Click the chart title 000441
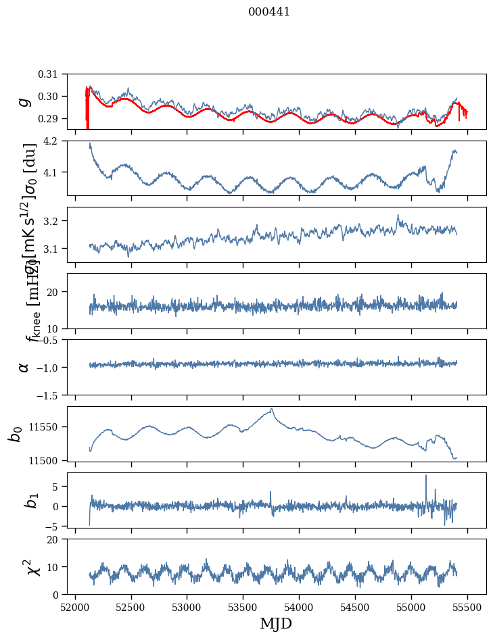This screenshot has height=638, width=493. [268, 11]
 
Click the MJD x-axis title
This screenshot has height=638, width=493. [276, 623]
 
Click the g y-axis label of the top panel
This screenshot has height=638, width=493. [25, 101]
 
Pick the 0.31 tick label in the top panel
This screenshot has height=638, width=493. [57, 74]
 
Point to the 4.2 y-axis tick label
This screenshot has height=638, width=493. [60, 141]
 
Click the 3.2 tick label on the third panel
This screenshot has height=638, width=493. [60, 221]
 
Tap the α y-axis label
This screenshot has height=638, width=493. [24, 367]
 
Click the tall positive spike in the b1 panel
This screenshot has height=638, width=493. [426, 476]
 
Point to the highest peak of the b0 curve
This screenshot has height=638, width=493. [272, 409]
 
